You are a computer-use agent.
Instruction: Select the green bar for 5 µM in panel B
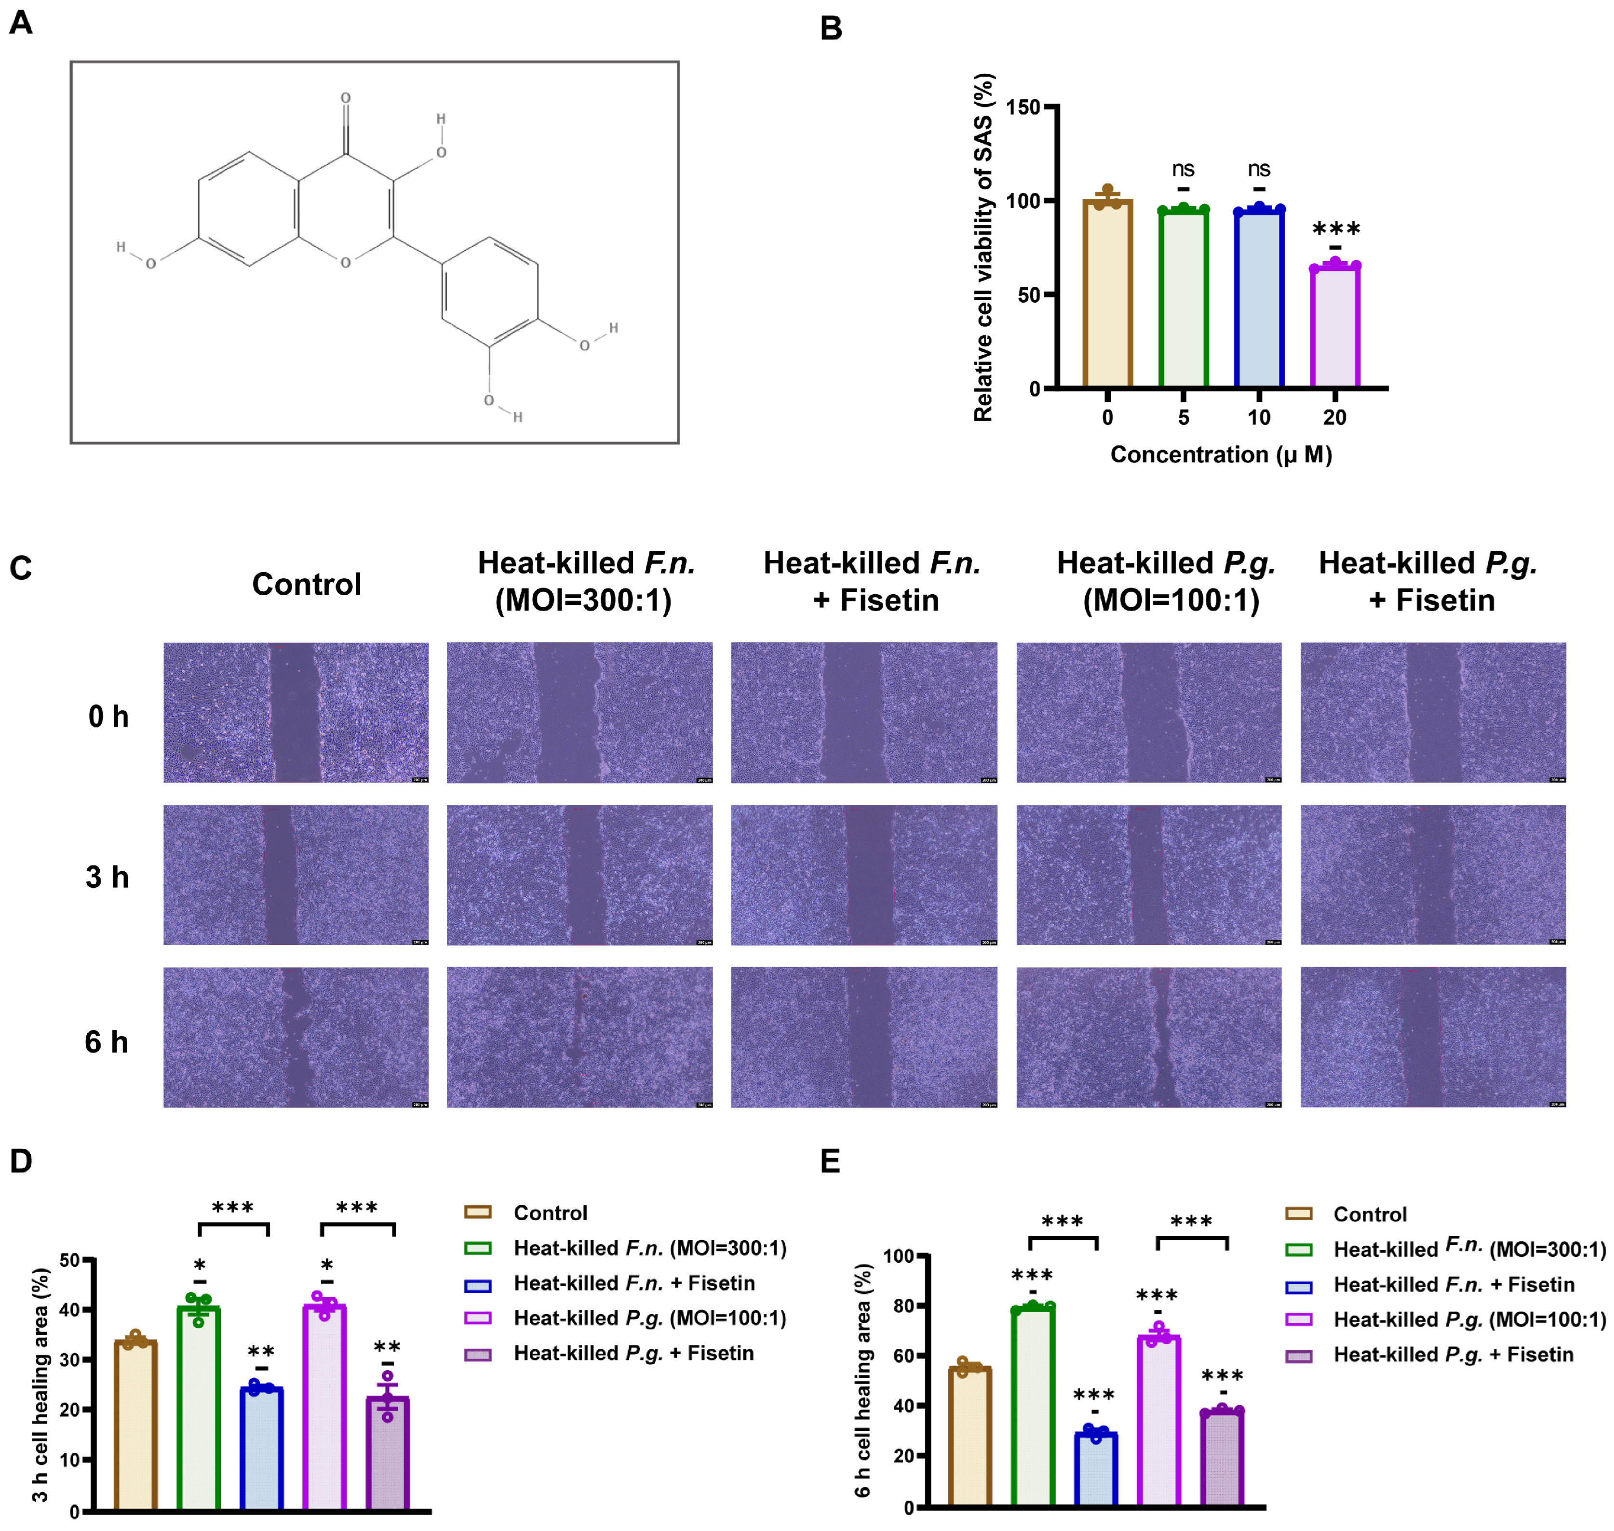click(1183, 298)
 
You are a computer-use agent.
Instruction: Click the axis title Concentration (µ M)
click(1221, 454)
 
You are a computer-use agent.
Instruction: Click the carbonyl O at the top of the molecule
click(345, 98)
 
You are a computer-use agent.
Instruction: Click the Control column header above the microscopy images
click(306, 585)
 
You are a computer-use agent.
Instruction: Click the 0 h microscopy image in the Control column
click(296, 712)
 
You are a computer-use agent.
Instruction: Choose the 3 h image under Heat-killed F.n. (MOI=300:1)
click(579, 875)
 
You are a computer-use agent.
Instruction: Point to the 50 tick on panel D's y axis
click(70, 1260)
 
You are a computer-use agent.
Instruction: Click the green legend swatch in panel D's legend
click(478, 1248)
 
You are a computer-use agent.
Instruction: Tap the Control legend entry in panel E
click(1369, 1214)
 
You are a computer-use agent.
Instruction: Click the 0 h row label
click(108, 717)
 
